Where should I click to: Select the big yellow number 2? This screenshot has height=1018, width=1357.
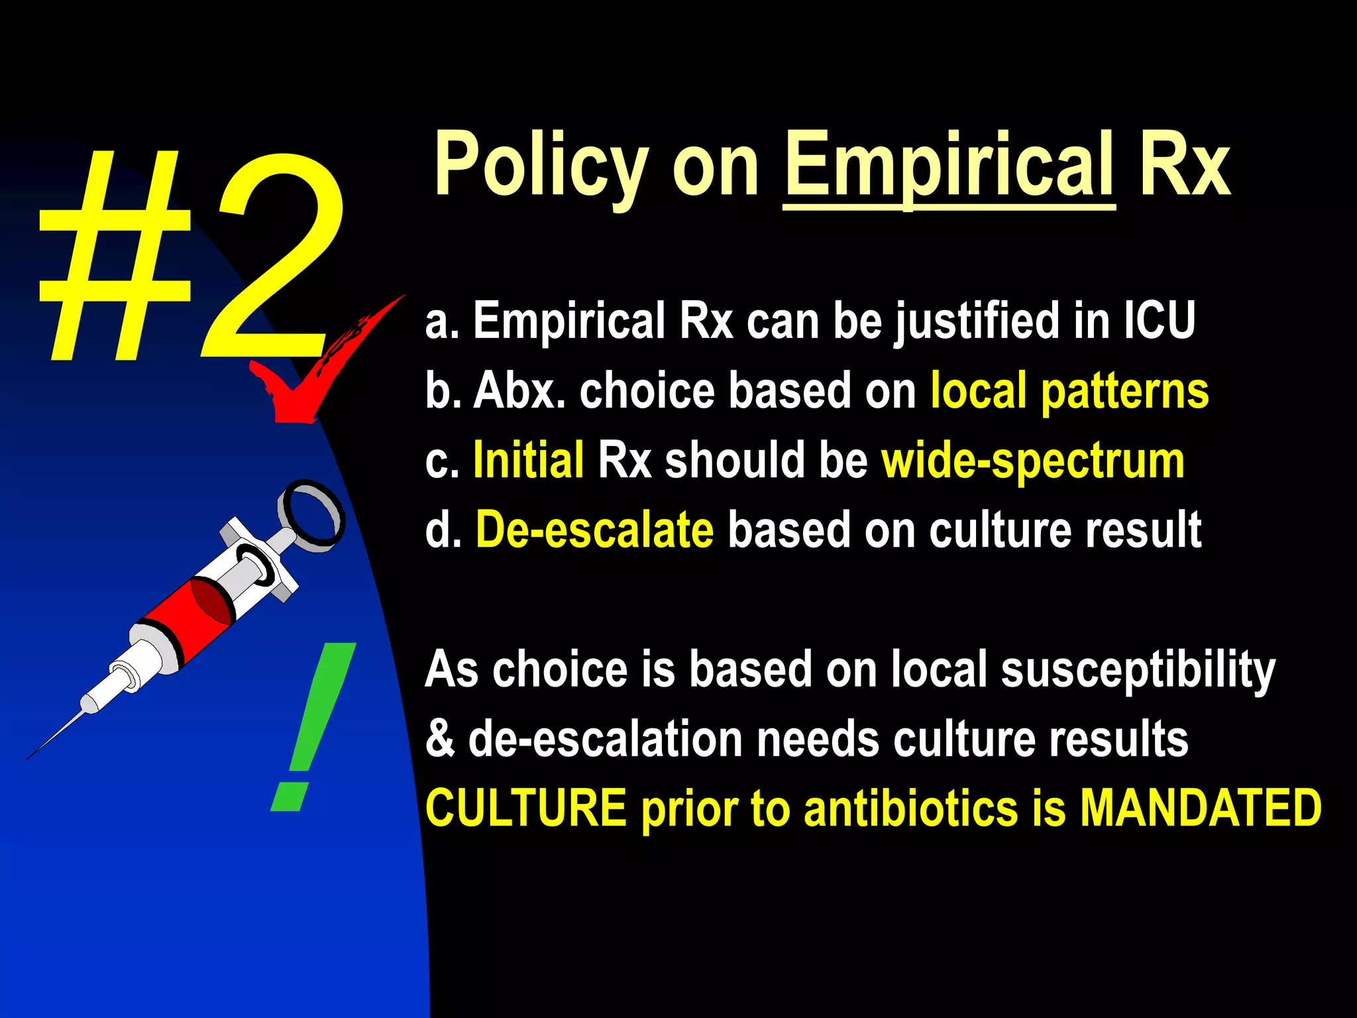pyautogui.click(x=272, y=258)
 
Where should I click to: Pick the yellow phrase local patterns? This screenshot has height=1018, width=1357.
pyautogui.click(x=1069, y=391)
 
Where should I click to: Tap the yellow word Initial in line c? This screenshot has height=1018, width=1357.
pyautogui.click(x=528, y=461)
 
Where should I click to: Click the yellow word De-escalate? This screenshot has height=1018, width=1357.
pyautogui.click(x=594, y=530)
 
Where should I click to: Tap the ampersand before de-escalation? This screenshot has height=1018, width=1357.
pyautogui.click(x=440, y=739)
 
